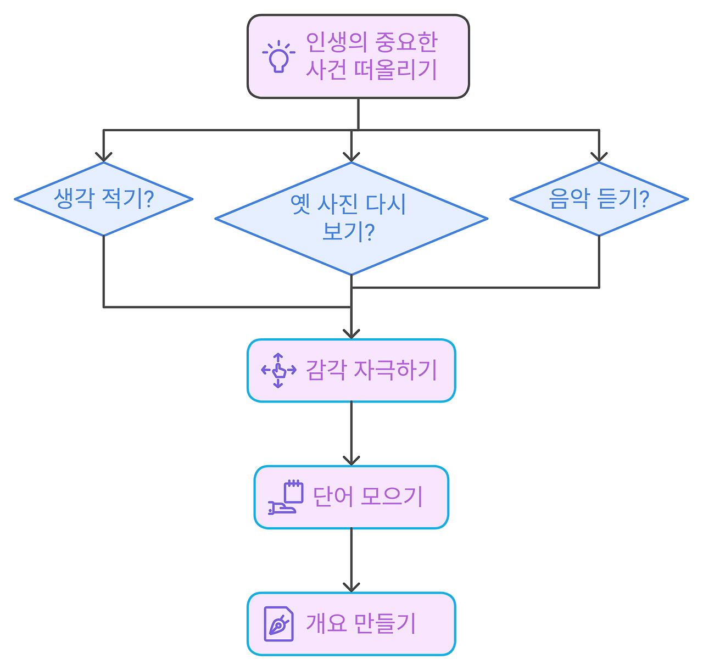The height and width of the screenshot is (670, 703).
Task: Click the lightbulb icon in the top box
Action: point(278,57)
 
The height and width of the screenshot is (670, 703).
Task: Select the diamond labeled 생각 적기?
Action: point(103,199)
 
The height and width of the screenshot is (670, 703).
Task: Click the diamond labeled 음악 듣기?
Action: point(599,199)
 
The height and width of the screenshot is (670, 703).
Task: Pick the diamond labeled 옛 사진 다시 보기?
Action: point(351,219)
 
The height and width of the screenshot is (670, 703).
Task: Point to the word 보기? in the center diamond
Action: point(348,232)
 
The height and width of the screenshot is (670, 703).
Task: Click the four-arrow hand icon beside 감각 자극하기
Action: point(278,371)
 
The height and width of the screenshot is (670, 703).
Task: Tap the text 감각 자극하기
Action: point(371,371)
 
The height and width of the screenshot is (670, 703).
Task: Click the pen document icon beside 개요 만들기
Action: point(278,624)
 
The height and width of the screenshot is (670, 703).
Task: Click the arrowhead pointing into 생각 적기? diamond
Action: point(103,157)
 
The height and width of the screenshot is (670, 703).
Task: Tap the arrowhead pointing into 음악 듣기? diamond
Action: point(599,157)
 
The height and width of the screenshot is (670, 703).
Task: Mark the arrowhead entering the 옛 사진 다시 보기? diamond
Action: point(351,157)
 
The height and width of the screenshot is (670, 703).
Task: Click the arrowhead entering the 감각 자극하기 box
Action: point(351,333)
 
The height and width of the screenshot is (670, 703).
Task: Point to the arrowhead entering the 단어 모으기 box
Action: point(351,460)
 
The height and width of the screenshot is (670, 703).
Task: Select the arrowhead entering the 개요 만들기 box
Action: point(351,587)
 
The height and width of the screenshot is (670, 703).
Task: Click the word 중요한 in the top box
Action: point(406,42)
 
